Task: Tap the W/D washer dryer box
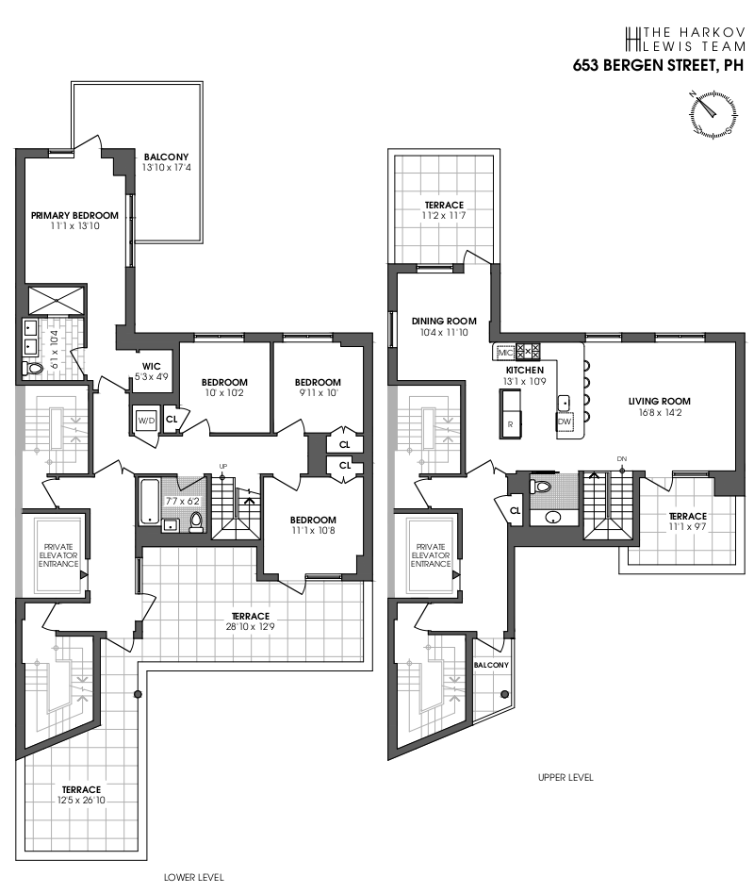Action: [x=147, y=420]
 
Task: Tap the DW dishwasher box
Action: [x=564, y=422]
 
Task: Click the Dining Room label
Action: [x=444, y=321]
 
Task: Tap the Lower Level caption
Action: [x=193, y=877]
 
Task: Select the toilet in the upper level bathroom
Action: [x=541, y=488]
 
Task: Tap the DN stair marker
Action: [x=622, y=459]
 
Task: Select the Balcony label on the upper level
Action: [x=491, y=665]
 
